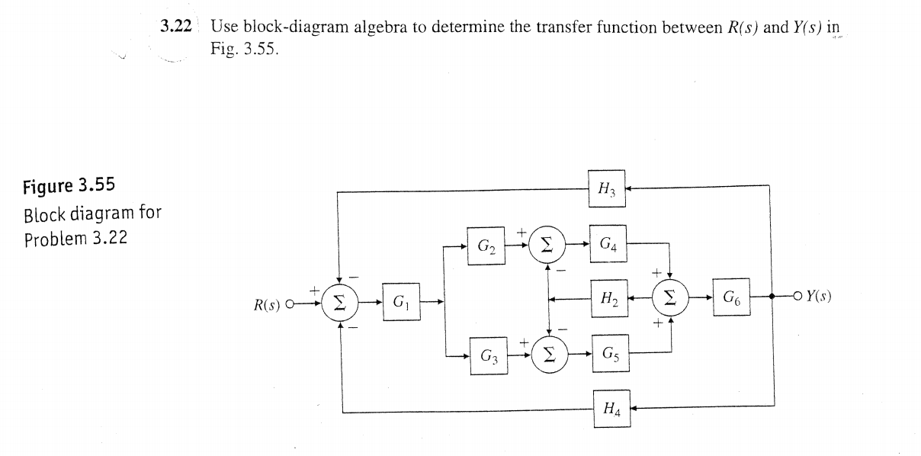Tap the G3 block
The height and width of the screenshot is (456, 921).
click(489, 355)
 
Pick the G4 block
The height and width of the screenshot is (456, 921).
click(608, 245)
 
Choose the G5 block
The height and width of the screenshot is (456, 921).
click(610, 355)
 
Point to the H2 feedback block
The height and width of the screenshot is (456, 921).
click(608, 299)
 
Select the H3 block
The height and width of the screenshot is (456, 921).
click(608, 188)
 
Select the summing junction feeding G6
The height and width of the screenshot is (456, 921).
click(670, 299)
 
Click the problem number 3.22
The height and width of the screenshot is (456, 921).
click(175, 27)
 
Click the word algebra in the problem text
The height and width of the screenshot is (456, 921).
click(380, 27)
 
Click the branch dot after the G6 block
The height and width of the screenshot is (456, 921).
click(773, 296)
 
